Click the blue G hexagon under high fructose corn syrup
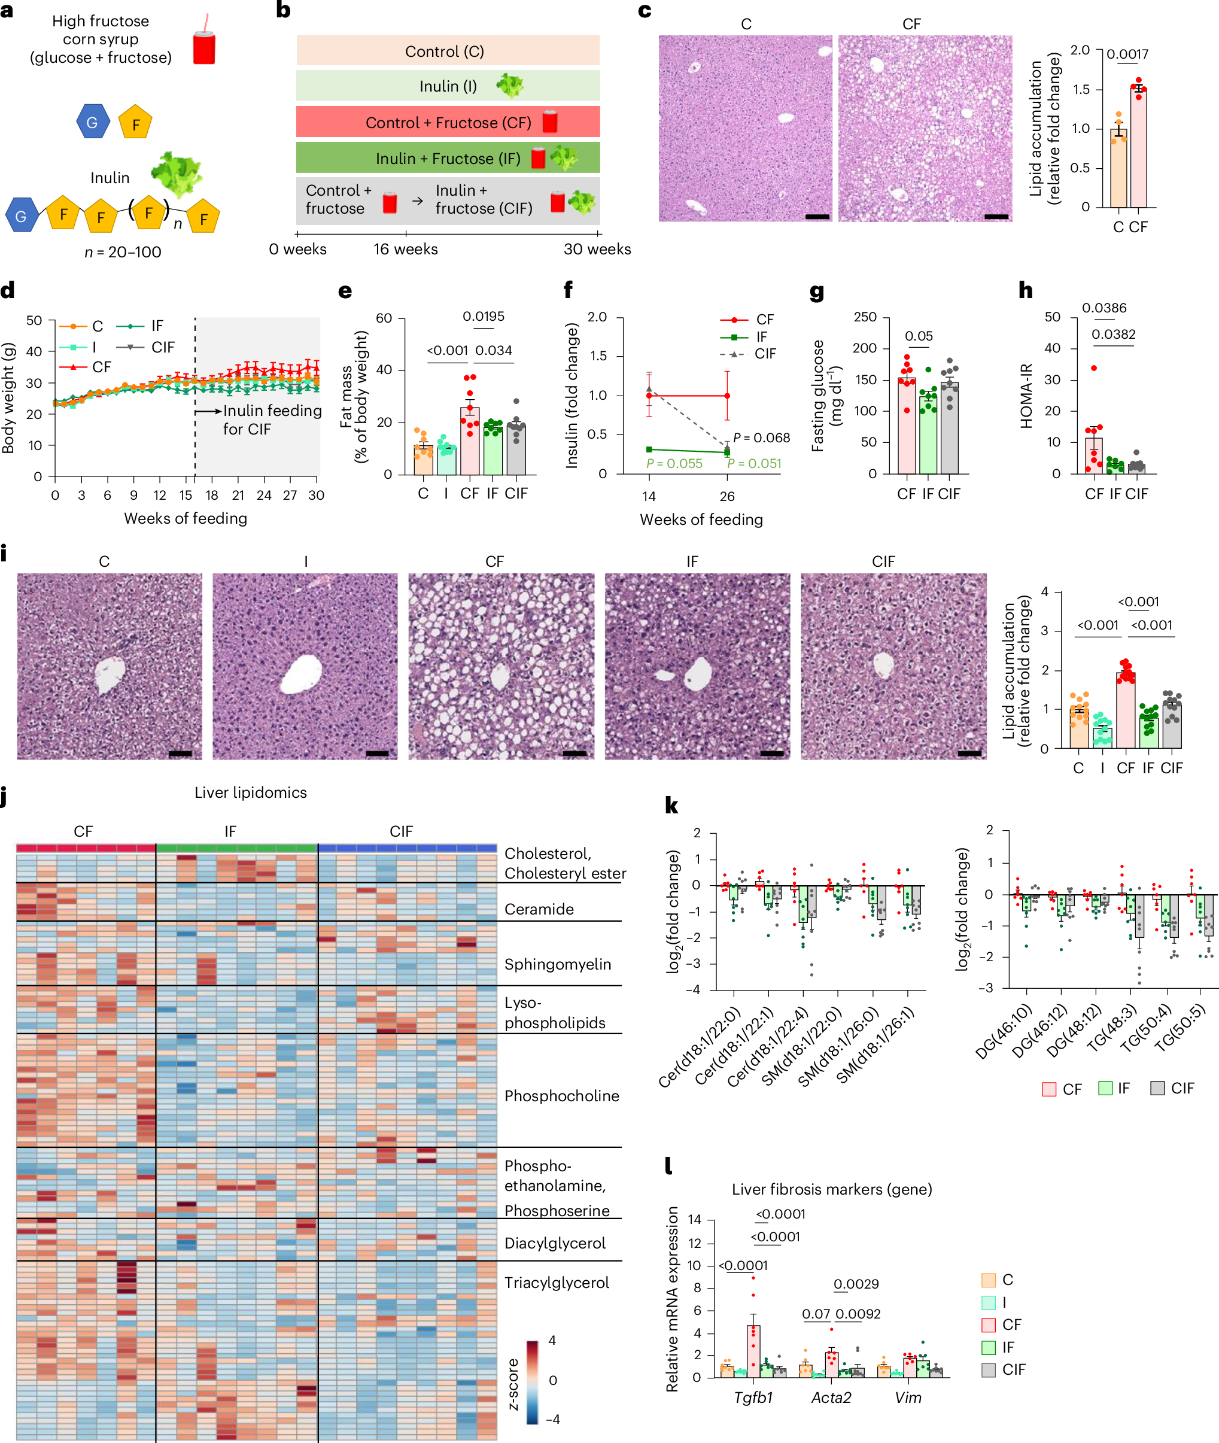(92, 122)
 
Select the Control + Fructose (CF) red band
(447, 122)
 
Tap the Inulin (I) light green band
(447, 86)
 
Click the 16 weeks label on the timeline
(405, 250)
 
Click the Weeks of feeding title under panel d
(185, 518)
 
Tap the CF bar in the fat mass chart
(470, 441)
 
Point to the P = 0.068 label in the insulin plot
(761, 438)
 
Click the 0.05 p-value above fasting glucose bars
(919, 336)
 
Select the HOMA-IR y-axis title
(1026, 395)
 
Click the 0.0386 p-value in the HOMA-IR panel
(1104, 308)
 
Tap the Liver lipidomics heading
(250, 792)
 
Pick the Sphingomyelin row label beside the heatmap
(557, 964)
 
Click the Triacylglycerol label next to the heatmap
(557, 1283)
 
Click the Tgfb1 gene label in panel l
(753, 1398)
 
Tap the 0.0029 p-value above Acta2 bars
(856, 1284)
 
